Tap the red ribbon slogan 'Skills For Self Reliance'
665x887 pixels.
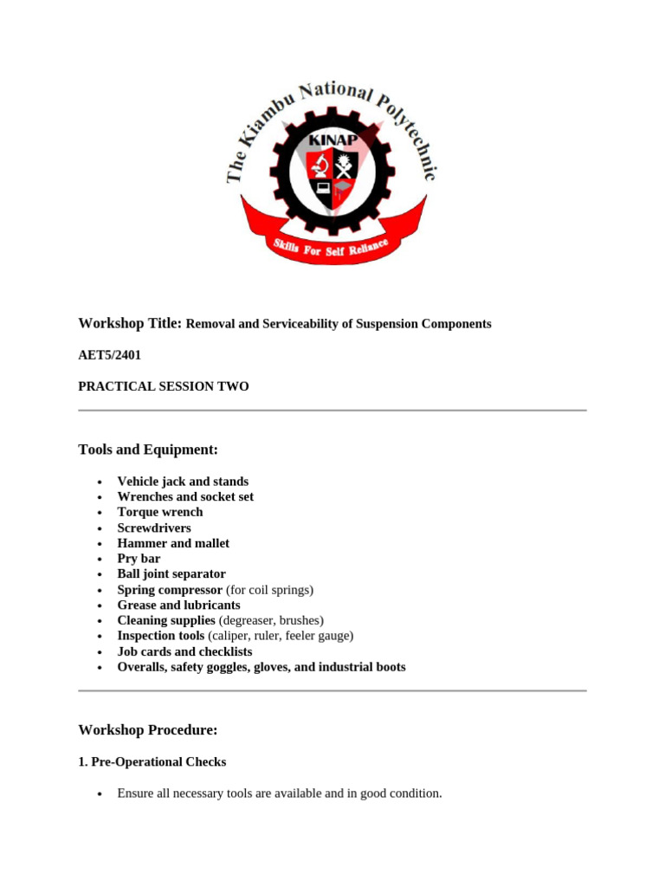coord(333,249)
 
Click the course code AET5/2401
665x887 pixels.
coord(109,355)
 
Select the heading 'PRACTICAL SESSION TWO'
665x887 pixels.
coord(163,386)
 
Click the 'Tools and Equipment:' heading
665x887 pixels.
coord(148,450)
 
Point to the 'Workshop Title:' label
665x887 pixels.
coord(130,323)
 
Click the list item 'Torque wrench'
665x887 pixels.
coord(160,512)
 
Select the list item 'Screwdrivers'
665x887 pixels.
coord(154,528)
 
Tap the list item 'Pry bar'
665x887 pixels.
coord(139,559)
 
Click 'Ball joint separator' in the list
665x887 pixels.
coord(171,574)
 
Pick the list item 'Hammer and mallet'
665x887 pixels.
coord(173,543)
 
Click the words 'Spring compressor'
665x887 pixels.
coord(170,590)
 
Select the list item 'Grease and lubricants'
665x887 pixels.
coord(178,605)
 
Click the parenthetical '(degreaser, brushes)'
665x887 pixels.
coord(271,621)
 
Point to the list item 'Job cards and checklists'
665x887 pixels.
coord(184,651)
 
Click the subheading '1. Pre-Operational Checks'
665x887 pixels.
coord(152,762)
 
